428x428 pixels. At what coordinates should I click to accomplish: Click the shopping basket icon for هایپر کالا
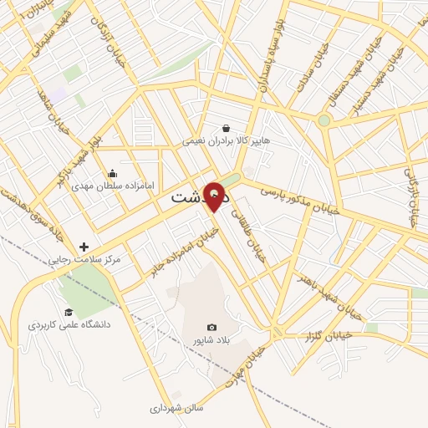click(x=226, y=129)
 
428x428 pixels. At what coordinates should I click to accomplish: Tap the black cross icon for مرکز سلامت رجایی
click(x=84, y=247)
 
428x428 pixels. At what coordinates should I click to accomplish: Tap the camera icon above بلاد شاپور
click(x=211, y=327)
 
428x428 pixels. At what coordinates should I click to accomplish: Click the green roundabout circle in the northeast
click(x=324, y=120)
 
